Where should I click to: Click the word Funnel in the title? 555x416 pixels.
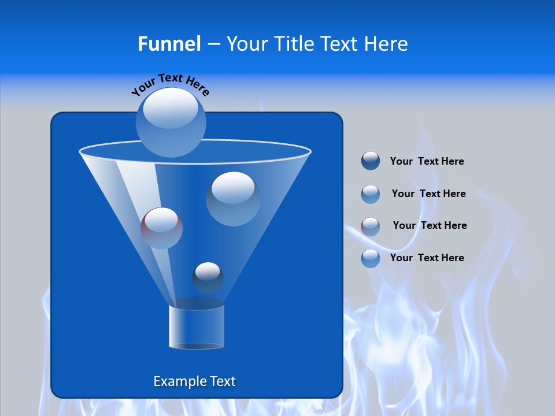tap(169, 44)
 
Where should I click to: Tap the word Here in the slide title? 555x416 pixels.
tap(387, 44)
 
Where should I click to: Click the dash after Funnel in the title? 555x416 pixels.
tap(213, 44)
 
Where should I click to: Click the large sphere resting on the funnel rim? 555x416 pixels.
tap(171, 122)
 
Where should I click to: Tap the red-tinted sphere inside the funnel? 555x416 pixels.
tap(161, 228)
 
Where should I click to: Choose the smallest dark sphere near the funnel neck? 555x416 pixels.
tap(208, 277)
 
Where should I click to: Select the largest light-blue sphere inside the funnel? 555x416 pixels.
tap(233, 198)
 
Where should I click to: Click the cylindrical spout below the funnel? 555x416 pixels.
tap(197, 326)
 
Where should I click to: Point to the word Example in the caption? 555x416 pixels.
tap(179, 381)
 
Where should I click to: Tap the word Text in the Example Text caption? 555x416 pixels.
tap(223, 381)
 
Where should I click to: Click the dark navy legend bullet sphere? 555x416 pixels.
tap(371, 161)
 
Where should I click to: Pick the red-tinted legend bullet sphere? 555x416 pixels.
tap(371, 226)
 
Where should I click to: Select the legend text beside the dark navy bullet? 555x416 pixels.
tap(427, 161)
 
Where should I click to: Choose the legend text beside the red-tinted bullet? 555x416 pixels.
tap(430, 225)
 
